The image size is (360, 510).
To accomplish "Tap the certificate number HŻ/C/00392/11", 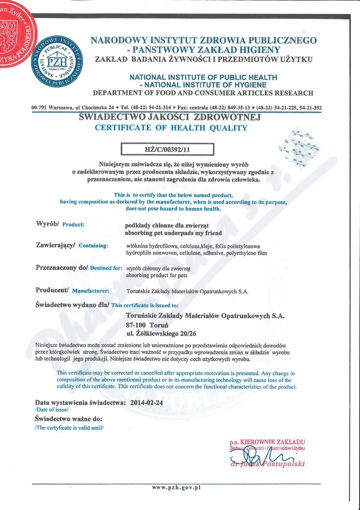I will [x=167, y=149].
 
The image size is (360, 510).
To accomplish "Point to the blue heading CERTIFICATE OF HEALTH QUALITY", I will [x=171, y=128].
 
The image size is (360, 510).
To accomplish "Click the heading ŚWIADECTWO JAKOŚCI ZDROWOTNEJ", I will [x=170, y=117].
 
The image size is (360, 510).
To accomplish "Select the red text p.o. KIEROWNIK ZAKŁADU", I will [x=267, y=441].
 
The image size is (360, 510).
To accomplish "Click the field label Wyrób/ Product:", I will [x=60, y=224].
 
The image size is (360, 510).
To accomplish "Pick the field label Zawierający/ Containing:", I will [x=72, y=245].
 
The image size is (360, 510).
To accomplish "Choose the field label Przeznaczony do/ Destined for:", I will [x=79, y=268].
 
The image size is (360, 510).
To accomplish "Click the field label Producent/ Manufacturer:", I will [x=72, y=291].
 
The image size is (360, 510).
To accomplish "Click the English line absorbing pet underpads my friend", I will [x=174, y=233].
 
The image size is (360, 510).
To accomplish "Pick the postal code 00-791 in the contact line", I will [x=39, y=108].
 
